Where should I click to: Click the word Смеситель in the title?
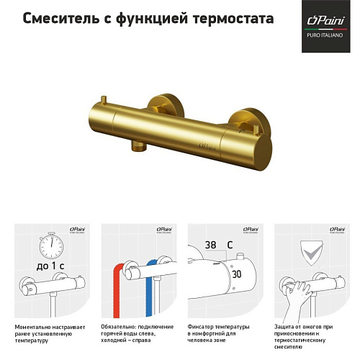[58, 19]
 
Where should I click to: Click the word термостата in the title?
[231, 19]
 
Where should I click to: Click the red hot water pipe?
[115, 288]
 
